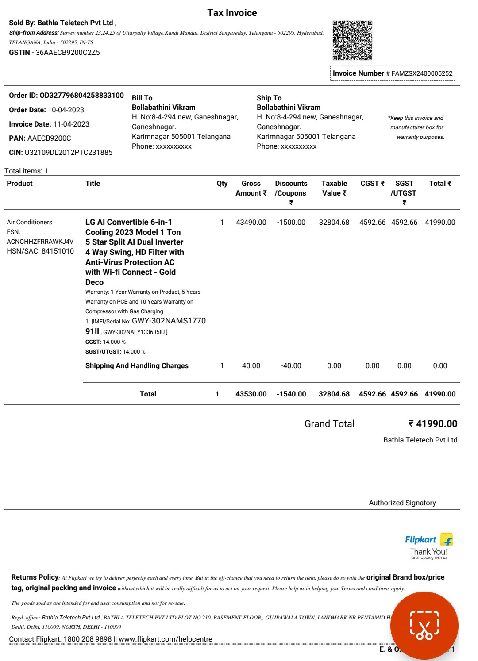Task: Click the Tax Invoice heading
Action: tap(232, 13)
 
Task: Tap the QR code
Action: tap(352, 40)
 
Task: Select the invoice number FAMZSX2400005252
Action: tap(422, 73)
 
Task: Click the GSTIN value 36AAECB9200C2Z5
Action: tap(68, 53)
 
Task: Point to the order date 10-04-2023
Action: tap(66, 110)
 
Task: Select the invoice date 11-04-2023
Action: tap(71, 124)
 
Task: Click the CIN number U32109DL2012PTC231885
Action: tap(69, 153)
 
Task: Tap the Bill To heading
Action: tap(142, 98)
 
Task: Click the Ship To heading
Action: tap(269, 98)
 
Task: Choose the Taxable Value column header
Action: tap(334, 188)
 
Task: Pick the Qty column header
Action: tap(222, 184)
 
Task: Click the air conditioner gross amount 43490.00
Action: tap(251, 223)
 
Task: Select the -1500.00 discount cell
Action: tap(291, 223)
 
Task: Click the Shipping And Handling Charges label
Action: tap(137, 366)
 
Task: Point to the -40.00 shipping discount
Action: tap(291, 366)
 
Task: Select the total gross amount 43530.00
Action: tap(251, 394)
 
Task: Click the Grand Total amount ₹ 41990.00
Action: tap(433, 424)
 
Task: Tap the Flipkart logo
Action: tap(428, 540)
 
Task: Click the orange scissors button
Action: tap(424, 626)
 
